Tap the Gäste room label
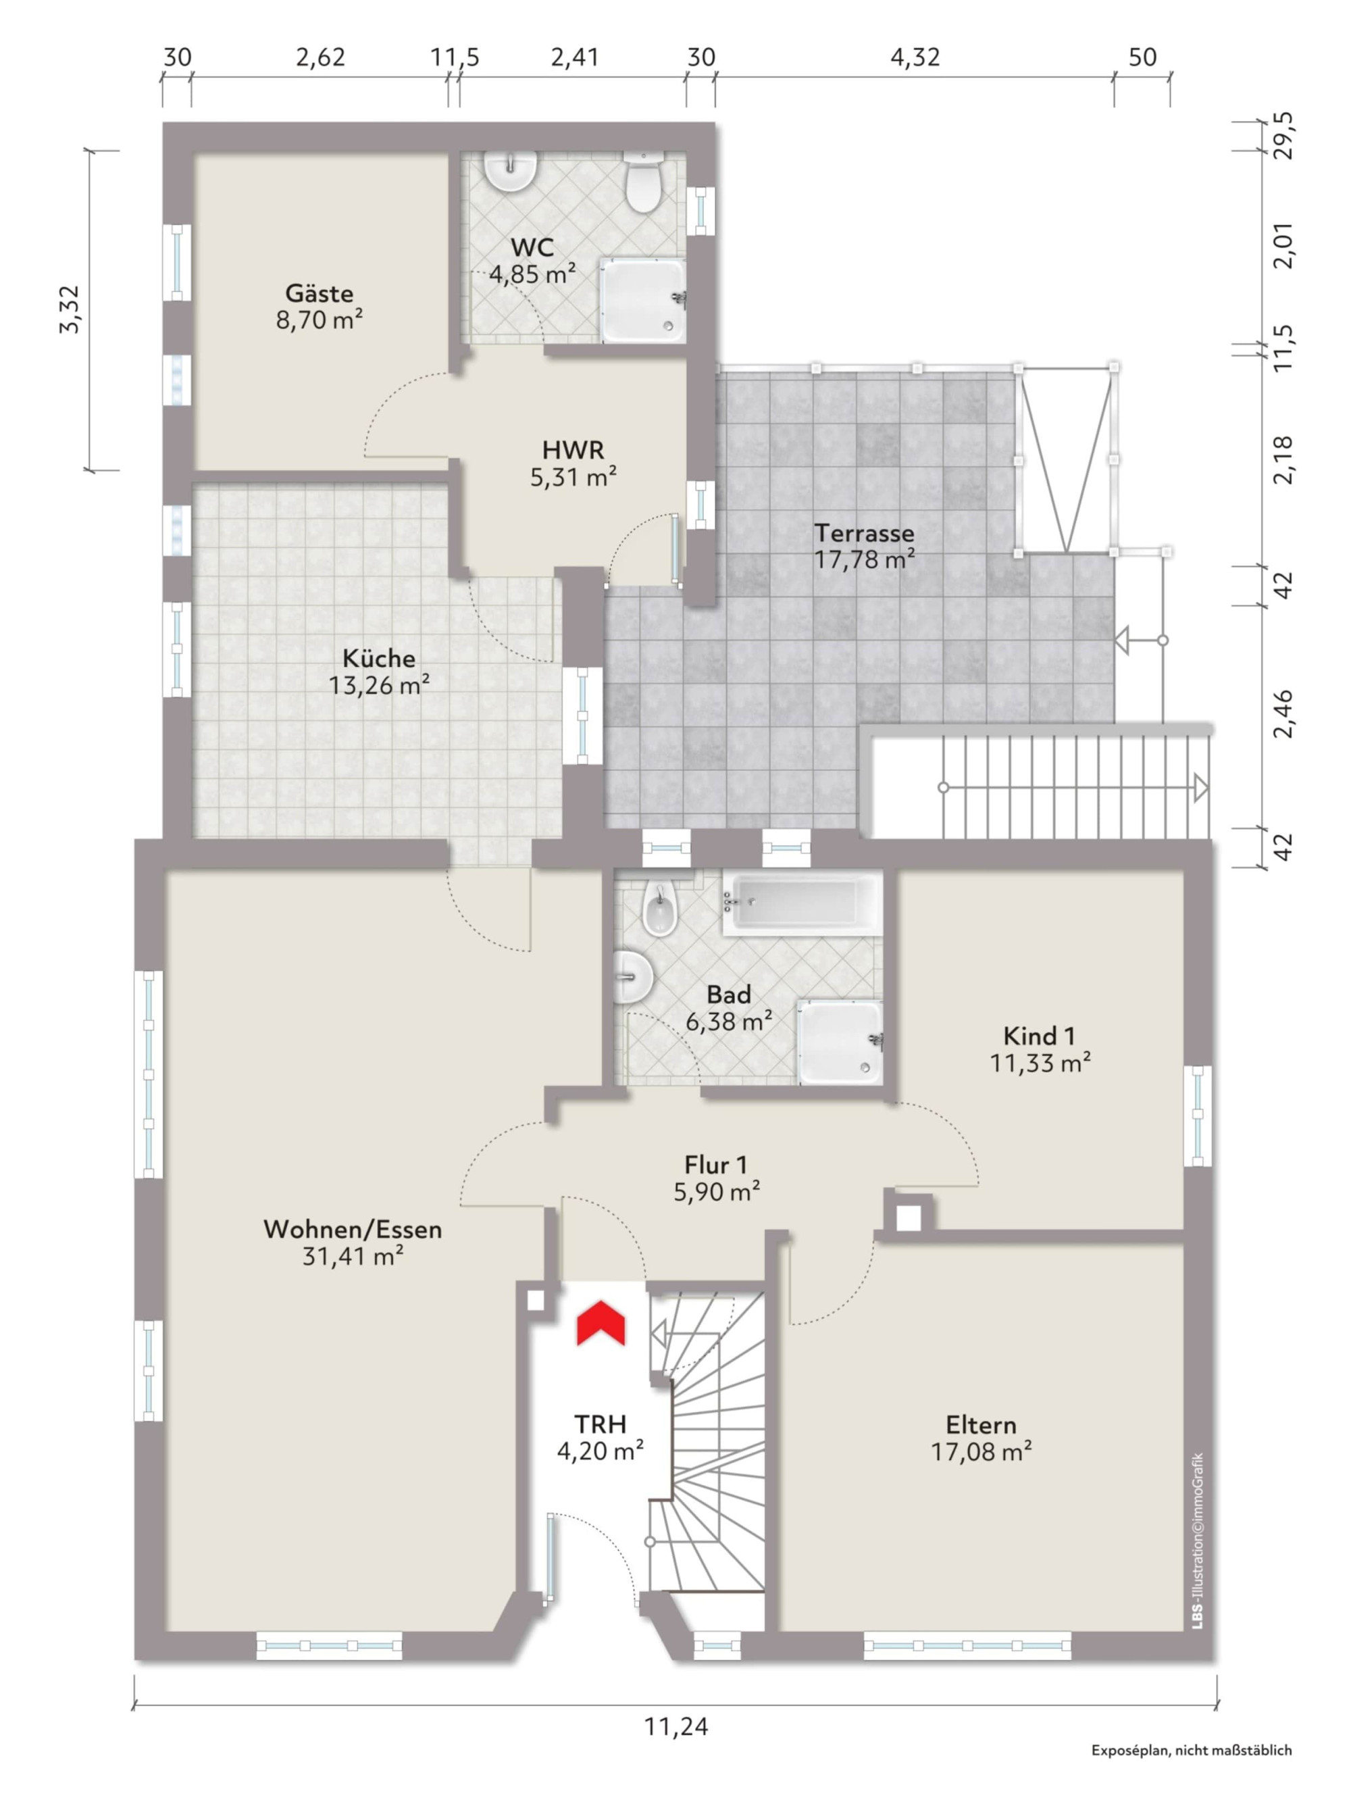[x=320, y=293]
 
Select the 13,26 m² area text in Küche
[x=380, y=685]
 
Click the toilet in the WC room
[x=642, y=182]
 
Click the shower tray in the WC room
[x=643, y=301]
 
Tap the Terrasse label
[x=865, y=533]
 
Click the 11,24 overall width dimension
[x=676, y=1727]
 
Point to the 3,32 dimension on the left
[x=70, y=309]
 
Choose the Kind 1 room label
[x=1039, y=1036]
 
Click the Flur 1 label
[x=716, y=1164]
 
